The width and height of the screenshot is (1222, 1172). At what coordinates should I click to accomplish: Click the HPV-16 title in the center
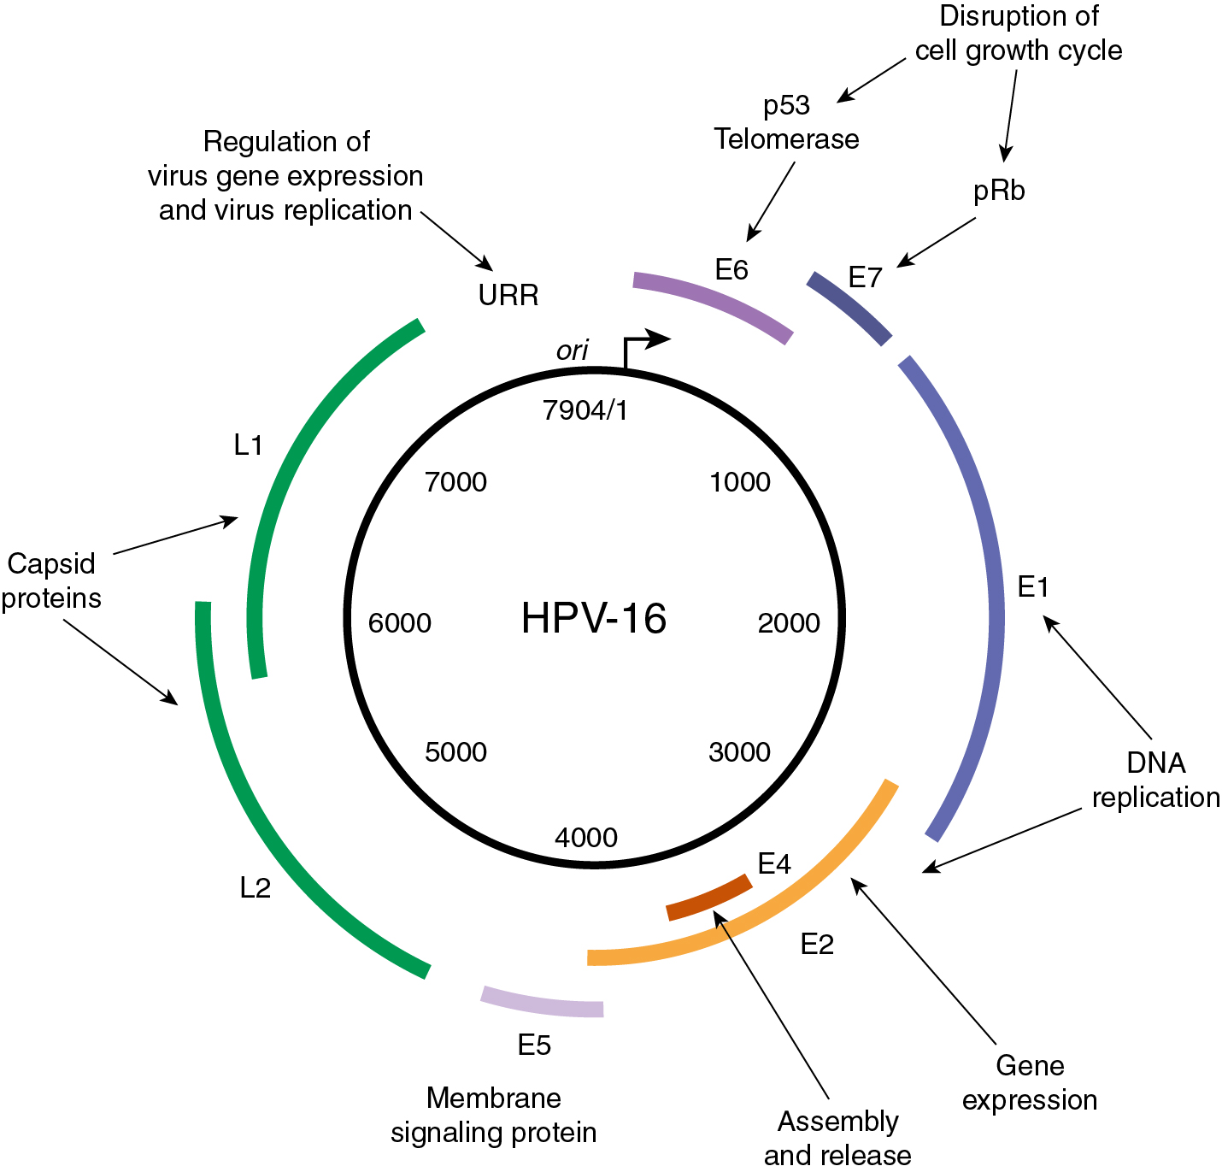pyautogui.click(x=594, y=618)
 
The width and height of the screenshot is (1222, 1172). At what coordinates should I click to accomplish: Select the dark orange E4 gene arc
pyautogui.click(x=709, y=898)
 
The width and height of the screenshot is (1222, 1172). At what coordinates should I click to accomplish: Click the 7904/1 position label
pyautogui.click(x=585, y=411)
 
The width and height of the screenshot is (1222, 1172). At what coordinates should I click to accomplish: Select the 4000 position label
pyautogui.click(x=586, y=838)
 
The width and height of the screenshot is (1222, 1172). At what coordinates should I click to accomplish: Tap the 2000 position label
pyautogui.click(x=789, y=623)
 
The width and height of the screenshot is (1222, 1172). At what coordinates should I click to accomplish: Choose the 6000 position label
pyautogui.click(x=400, y=623)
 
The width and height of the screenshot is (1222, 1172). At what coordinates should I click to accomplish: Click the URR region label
pyautogui.click(x=508, y=296)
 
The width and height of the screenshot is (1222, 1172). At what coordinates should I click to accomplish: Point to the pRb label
pyautogui.click(x=999, y=191)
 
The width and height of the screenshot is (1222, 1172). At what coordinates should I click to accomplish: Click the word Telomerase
pyautogui.click(x=786, y=139)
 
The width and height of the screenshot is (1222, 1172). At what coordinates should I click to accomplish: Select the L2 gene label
pyautogui.click(x=255, y=889)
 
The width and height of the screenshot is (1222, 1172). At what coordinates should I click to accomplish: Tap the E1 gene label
pyautogui.click(x=1033, y=587)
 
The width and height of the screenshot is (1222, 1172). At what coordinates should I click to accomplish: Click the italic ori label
pyautogui.click(x=573, y=350)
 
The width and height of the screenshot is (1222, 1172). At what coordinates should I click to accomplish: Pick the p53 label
pyautogui.click(x=786, y=106)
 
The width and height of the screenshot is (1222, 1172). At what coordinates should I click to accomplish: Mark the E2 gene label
pyautogui.click(x=817, y=945)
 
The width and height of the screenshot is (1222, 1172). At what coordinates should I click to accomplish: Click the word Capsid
pyautogui.click(x=51, y=564)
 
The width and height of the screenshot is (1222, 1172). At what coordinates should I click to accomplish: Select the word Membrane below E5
pyautogui.click(x=494, y=1098)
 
